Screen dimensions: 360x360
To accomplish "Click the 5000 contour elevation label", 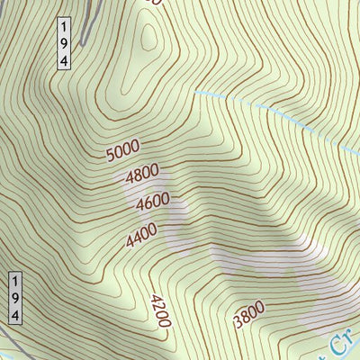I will (x=121, y=153).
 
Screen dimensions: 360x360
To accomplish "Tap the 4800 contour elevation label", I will (x=142, y=171).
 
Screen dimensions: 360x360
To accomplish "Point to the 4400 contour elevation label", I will (x=141, y=235).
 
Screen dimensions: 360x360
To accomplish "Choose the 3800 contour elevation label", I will (x=248, y=316).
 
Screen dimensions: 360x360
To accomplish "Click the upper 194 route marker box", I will (x=64, y=41).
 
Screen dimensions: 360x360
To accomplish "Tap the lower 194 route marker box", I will (x=14, y=297).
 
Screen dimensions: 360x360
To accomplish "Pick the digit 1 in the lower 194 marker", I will (x=14, y=281).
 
